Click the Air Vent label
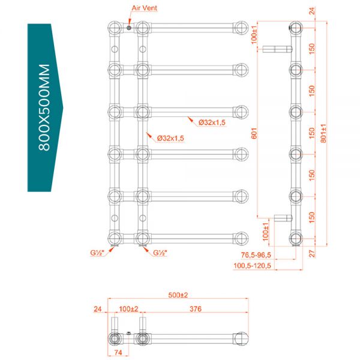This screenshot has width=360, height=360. (x=144, y=8)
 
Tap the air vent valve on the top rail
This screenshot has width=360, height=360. (x=129, y=28)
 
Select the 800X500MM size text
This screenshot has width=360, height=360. (x=44, y=107)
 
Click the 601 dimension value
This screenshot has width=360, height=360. (x=254, y=133)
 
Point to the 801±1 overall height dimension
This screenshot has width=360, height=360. (x=323, y=133)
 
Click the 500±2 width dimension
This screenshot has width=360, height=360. (x=178, y=295)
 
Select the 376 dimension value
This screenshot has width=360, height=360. (x=196, y=309)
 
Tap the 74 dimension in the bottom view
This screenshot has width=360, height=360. (x=118, y=352)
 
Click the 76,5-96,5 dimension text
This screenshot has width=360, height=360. (x=256, y=255)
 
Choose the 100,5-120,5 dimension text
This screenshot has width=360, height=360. (x=252, y=266)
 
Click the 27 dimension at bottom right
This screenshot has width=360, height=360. (x=312, y=254)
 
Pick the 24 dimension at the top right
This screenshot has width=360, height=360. (x=312, y=11)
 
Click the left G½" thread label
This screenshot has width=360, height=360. (x=97, y=253)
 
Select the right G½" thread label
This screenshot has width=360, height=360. (x=160, y=253)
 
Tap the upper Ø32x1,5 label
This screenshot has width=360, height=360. (x=212, y=122)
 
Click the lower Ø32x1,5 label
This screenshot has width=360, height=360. (x=170, y=138)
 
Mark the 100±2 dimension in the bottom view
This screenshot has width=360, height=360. (x=128, y=309)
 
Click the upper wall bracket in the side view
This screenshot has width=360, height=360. (x=277, y=49)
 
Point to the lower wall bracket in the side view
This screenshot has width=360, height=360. (x=283, y=218)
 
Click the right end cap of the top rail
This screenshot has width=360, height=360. (x=241, y=28)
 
